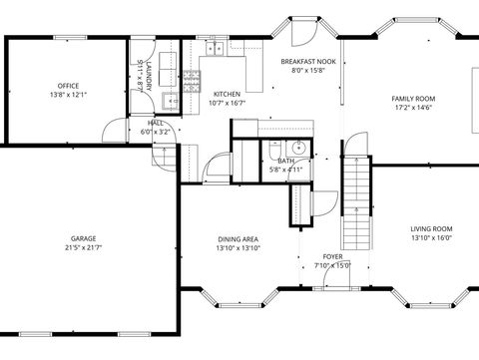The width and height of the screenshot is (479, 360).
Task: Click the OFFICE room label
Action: pyautogui.click(x=68, y=86)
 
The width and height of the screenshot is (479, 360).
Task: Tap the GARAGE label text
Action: pyautogui.click(x=83, y=238)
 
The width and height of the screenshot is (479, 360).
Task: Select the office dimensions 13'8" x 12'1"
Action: pyautogui.click(x=68, y=96)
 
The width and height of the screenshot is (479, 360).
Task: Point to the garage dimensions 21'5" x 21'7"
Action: pyautogui.click(x=83, y=247)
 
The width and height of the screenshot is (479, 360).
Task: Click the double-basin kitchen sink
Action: pyautogui.click(x=214, y=48)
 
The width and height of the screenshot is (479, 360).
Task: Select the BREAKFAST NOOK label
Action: pyautogui.click(x=313, y=61)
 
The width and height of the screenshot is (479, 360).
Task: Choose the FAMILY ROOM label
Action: pyautogui.click(x=412, y=98)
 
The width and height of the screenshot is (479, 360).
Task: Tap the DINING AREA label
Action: pyautogui.click(x=239, y=238)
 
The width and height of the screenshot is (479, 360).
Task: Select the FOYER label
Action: pyautogui.click(x=331, y=256)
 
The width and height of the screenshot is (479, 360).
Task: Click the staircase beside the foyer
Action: pyautogui.click(x=355, y=204)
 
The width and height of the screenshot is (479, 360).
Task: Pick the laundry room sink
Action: pyautogui.click(x=169, y=100)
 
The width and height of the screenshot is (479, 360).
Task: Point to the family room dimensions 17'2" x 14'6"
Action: pyautogui.click(x=412, y=108)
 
